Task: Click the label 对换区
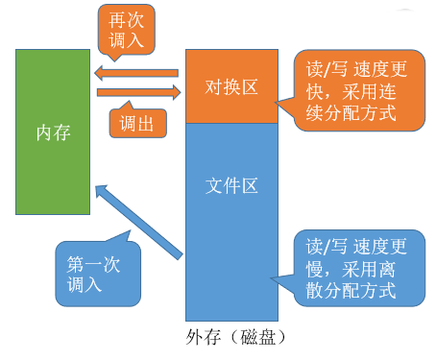231,87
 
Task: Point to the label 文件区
231,181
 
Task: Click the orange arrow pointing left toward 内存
135,71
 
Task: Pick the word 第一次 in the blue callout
93,260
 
